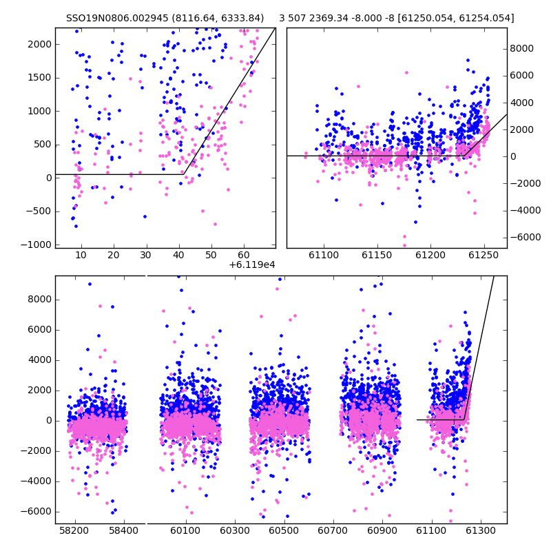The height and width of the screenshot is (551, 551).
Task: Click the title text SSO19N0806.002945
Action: tap(117, 18)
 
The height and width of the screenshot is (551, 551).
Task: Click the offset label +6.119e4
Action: tap(252, 264)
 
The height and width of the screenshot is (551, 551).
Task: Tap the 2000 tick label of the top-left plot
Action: tap(40, 44)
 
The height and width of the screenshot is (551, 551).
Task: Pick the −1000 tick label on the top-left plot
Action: tap(37, 245)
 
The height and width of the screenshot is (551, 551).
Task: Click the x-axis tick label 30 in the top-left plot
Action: tap(146, 255)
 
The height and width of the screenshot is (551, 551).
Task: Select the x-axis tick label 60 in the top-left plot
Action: tap(244, 255)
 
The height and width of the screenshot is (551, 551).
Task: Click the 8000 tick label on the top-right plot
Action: tap(522, 48)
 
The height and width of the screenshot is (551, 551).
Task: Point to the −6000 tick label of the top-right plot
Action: tap(526, 237)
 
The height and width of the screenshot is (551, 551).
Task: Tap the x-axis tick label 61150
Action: tap(377, 255)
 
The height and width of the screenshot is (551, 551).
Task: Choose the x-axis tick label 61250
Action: tap(484, 255)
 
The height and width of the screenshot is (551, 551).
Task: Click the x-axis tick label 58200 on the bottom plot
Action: tap(74, 530)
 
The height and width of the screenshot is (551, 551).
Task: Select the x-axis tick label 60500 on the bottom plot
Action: tap(284, 530)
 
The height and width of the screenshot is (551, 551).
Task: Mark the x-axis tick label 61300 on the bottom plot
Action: tap(480, 530)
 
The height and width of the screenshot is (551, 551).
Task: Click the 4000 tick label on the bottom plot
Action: tap(40, 360)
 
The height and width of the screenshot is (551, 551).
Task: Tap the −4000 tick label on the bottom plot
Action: tap(37, 481)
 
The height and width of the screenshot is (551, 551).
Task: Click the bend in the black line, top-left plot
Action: tap(184, 174)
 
